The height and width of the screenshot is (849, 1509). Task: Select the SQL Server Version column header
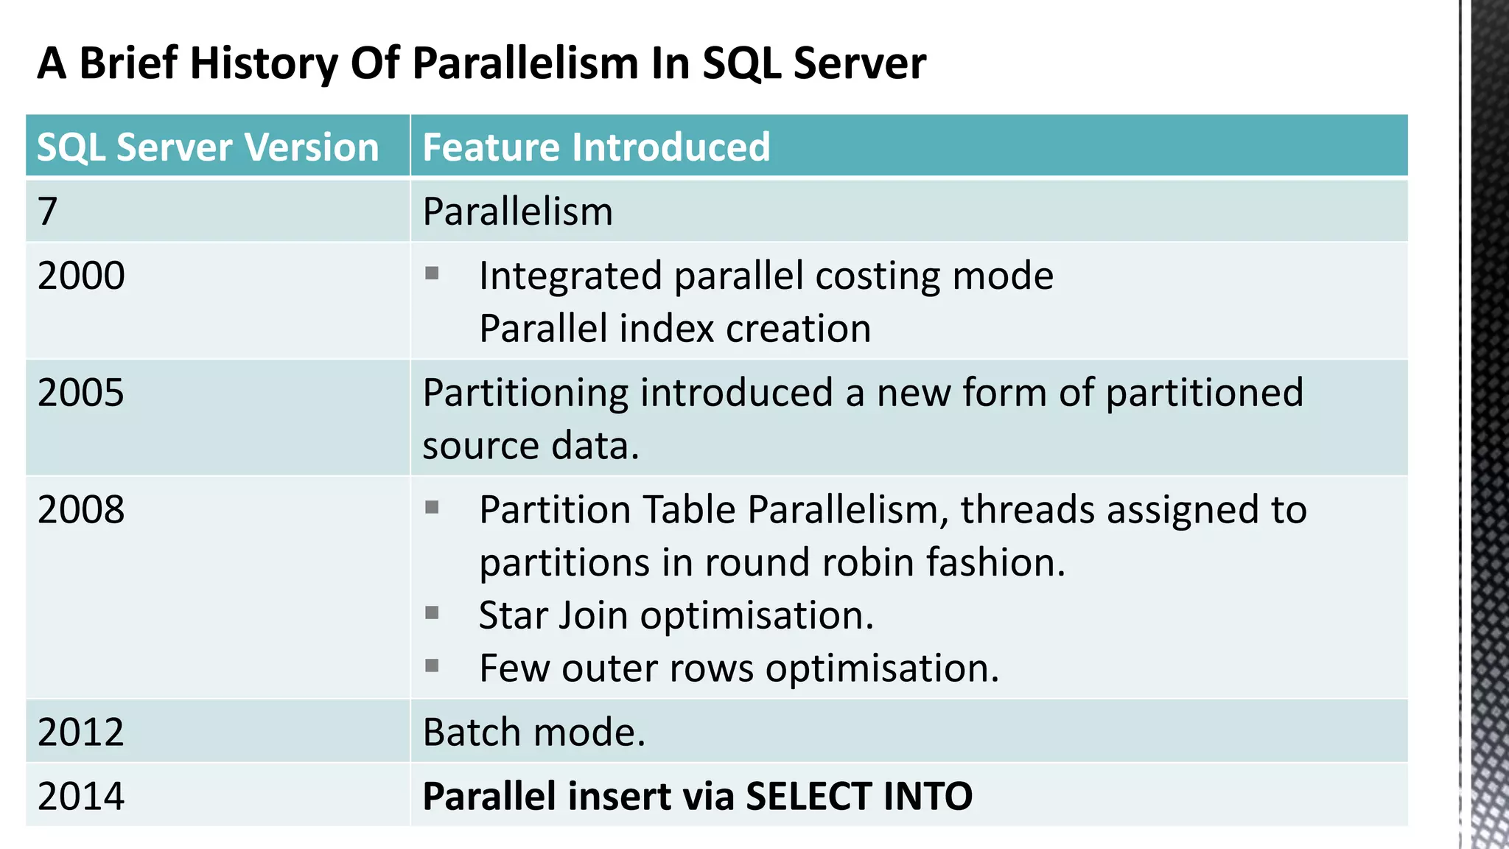208,147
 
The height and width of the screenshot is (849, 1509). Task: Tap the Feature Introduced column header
596,147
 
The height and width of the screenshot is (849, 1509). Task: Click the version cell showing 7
48,212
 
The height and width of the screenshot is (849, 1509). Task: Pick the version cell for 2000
81,276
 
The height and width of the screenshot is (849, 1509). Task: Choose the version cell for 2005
81,392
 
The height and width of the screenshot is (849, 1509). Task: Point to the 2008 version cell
81,509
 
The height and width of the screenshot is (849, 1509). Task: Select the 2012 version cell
81,732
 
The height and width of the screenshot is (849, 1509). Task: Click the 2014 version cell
81,796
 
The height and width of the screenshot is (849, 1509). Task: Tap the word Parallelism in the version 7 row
517,212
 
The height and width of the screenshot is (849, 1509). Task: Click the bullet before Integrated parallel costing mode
432,274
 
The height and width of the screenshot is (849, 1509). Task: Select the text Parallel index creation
674,329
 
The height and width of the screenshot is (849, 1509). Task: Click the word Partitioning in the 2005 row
525,392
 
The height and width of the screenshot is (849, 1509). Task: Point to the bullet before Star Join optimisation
432,612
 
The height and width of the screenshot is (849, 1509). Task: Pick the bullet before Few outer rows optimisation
432,665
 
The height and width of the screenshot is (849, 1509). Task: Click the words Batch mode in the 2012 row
533,732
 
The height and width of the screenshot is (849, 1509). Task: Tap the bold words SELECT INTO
858,796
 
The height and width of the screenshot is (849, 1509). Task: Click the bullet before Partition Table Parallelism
432,507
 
